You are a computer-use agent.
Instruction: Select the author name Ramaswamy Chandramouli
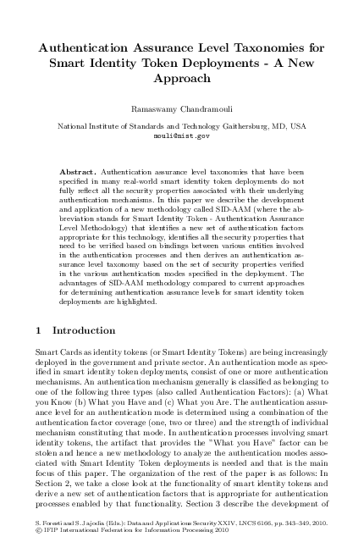point(181,112)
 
